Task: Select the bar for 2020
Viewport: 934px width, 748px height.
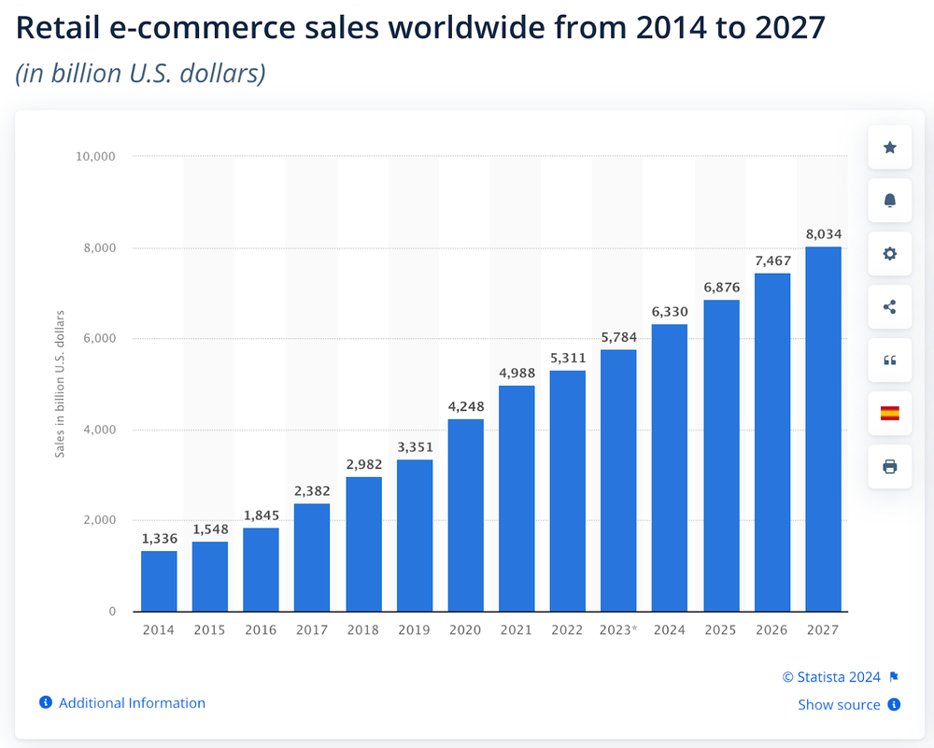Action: pos(465,515)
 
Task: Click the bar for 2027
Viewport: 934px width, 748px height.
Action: pos(823,430)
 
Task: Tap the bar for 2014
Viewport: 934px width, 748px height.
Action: pos(159,581)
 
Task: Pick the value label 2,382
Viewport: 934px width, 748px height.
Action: pos(312,492)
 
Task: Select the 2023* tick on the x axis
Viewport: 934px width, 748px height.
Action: pos(617,630)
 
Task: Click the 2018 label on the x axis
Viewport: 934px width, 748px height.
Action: pos(362,630)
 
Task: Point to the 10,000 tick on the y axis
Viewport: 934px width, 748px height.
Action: pos(94,156)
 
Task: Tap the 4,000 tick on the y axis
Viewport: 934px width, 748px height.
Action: pos(97,430)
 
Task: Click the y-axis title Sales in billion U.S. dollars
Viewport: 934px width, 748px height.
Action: pos(60,383)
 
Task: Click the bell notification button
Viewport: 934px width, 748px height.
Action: pos(889,201)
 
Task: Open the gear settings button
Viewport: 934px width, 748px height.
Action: pos(889,254)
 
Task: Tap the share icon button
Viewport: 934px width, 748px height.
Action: pos(889,306)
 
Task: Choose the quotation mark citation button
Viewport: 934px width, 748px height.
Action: pos(889,360)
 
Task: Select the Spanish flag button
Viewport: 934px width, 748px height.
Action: pos(889,413)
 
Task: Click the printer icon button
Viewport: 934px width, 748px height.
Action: pos(889,466)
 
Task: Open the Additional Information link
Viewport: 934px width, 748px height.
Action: pos(132,703)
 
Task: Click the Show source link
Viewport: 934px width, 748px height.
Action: pos(839,705)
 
